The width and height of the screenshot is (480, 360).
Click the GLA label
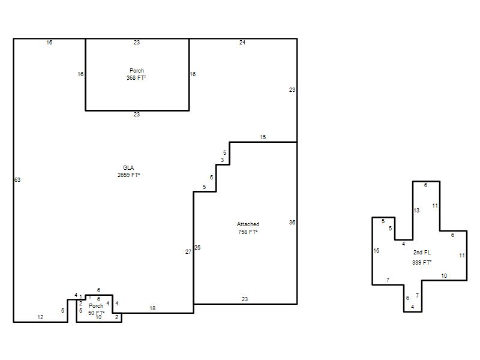coord(128,168)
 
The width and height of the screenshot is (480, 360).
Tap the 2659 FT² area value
coord(128,175)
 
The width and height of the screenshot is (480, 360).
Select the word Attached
coord(248,224)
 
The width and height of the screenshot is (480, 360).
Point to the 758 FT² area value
coord(248,232)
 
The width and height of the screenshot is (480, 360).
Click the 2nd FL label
coord(422,253)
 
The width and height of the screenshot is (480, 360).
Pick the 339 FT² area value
coord(422,263)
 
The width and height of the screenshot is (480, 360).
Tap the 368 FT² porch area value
coord(136,78)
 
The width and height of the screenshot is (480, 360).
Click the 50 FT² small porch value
coord(96,313)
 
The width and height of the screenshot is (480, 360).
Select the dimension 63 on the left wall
coord(17,180)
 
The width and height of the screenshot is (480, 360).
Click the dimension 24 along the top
coord(242,43)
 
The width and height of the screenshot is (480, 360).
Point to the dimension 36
coord(292,223)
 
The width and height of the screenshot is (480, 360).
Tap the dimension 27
coord(188,252)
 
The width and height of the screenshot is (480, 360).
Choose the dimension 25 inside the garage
coord(197,248)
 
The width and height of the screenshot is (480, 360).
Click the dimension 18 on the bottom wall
coord(152,308)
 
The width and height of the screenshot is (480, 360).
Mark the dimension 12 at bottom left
coord(40,317)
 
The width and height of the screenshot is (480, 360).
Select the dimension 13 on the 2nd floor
coord(416,211)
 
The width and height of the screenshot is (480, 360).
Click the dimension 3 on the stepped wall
coord(222,160)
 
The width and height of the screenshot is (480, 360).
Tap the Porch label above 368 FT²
coord(137,70)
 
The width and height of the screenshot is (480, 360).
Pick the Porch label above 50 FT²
coord(96,305)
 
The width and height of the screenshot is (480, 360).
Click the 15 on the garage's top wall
coord(263,137)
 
